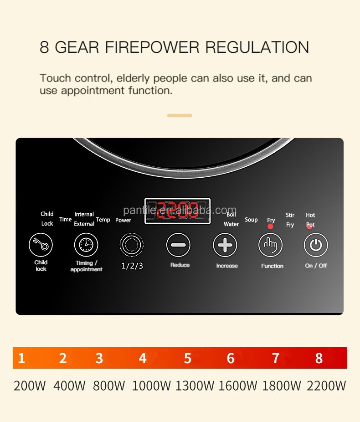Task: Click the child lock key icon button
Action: click(41, 245)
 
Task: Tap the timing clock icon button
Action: click(86, 245)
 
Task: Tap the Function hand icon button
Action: click(270, 245)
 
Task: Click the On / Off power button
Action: click(316, 245)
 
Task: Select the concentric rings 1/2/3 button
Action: click(132, 245)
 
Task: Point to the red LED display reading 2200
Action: click(177, 211)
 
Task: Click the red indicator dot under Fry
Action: click(271, 226)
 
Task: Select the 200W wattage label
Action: click(30, 386)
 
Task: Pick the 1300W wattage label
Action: click(195, 386)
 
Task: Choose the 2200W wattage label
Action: click(326, 386)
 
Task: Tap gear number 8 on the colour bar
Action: click(319, 359)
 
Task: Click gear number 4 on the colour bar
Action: click(143, 359)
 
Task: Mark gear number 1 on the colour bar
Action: click(21, 359)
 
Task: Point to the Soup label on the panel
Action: click(251, 220)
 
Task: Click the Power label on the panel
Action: click(123, 220)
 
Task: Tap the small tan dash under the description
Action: click(180, 116)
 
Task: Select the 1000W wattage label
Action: click(151, 386)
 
